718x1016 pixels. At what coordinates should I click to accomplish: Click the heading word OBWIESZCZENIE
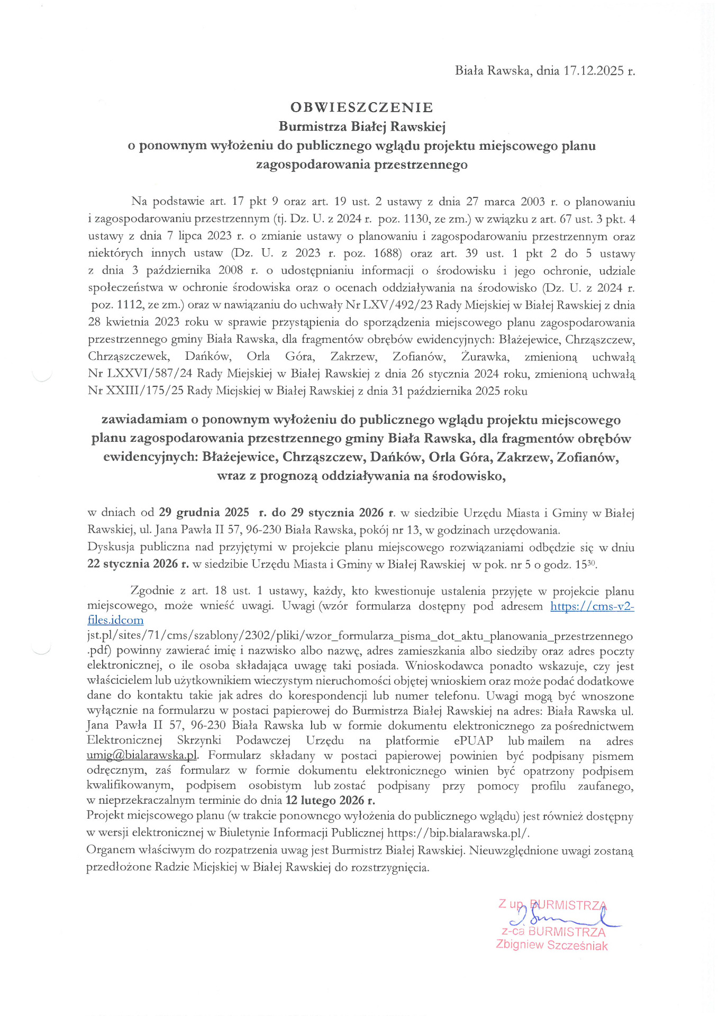coord(362,107)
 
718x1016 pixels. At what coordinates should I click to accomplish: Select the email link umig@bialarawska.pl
coord(142,755)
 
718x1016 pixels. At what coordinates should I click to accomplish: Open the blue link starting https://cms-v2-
coord(592,606)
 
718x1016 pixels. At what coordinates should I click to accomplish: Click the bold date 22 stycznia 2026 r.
coord(138,564)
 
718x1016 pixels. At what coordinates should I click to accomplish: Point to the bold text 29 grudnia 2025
coord(204,512)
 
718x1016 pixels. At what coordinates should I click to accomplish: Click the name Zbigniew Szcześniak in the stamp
coord(551,945)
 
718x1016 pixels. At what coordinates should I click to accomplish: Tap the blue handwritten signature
coord(561,920)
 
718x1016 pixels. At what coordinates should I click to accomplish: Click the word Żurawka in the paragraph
coord(485,357)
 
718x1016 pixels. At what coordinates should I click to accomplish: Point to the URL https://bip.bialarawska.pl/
coord(458,832)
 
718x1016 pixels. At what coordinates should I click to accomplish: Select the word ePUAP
coord(473,740)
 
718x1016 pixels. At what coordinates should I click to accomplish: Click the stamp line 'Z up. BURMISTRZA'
coord(552,904)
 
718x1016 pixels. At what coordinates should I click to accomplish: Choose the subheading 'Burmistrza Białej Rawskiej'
coord(362,126)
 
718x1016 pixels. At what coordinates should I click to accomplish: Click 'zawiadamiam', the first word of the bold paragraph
coord(144,420)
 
